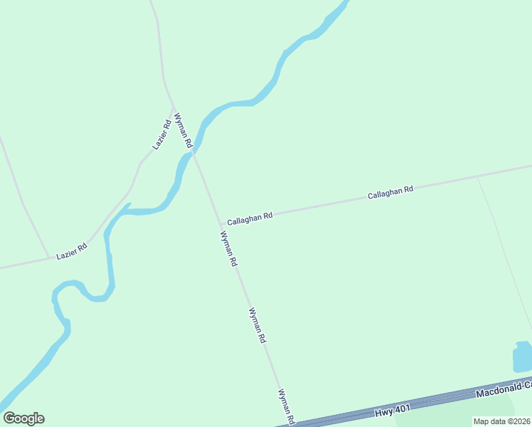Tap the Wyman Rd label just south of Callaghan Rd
(x=228, y=249)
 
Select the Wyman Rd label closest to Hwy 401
(x=287, y=406)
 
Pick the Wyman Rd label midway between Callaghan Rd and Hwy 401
(x=257, y=326)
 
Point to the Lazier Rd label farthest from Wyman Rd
(x=72, y=251)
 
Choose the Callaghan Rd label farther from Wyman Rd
(x=390, y=193)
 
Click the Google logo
(x=23, y=418)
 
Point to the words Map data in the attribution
(x=487, y=421)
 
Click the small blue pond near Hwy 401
(x=523, y=356)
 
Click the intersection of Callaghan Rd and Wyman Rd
(x=218, y=221)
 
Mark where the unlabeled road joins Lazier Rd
(x=50, y=258)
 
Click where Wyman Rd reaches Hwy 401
(x=293, y=423)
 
